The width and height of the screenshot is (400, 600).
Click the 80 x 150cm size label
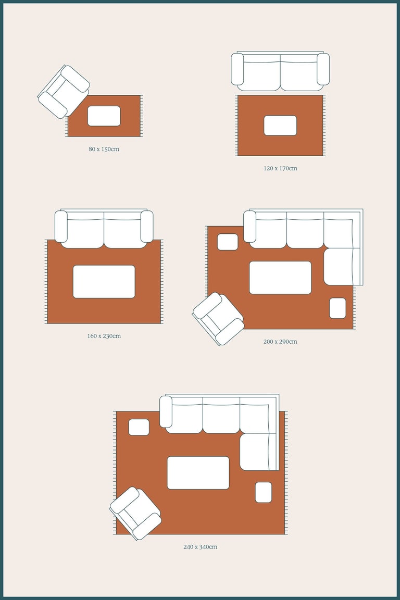[104, 149]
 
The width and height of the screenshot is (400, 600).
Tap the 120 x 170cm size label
[280, 168]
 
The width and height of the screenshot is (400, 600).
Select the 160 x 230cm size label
[104, 336]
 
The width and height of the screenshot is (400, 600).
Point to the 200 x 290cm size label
[280, 341]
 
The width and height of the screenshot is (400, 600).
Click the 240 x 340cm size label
[200, 547]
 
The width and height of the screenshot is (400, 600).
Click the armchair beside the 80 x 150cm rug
[64, 92]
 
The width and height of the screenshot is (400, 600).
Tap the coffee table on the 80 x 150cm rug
[104, 116]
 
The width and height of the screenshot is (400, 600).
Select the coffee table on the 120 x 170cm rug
[280, 126]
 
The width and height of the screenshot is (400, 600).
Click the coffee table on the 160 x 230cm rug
[104, 282]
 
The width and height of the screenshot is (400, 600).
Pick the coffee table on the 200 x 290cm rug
[280, 278]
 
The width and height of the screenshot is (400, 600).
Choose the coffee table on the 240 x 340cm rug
[198, 472]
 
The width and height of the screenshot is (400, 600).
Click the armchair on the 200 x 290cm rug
[218, 319]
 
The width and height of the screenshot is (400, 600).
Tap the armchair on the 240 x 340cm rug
[135, 513]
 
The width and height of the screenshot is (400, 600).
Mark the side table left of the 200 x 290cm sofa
[228, 242]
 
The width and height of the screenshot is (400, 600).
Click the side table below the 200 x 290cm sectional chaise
[337, 308]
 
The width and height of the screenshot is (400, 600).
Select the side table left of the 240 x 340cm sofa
[139, 427]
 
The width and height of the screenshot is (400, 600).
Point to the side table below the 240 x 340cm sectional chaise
[264, 493]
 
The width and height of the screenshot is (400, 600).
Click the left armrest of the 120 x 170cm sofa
[238, 69]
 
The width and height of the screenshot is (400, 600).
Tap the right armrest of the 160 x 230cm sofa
[147, 226]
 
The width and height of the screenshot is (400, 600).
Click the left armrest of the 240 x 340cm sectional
[166, 412]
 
